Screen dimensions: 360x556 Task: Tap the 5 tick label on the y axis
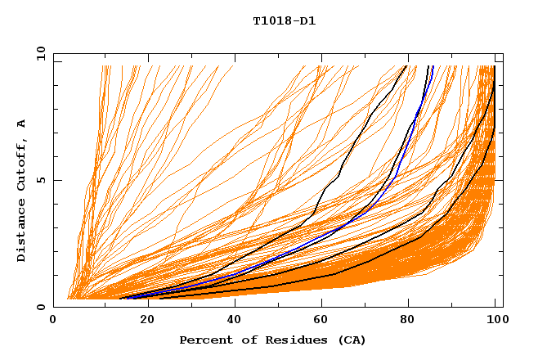click(41, 180)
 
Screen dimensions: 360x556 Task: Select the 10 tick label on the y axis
click(38, 53)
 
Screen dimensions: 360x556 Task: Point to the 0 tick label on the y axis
click(41, 307)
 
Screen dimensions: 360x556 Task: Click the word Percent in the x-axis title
click(204, 340)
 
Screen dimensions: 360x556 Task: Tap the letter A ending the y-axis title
click(22, 123)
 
